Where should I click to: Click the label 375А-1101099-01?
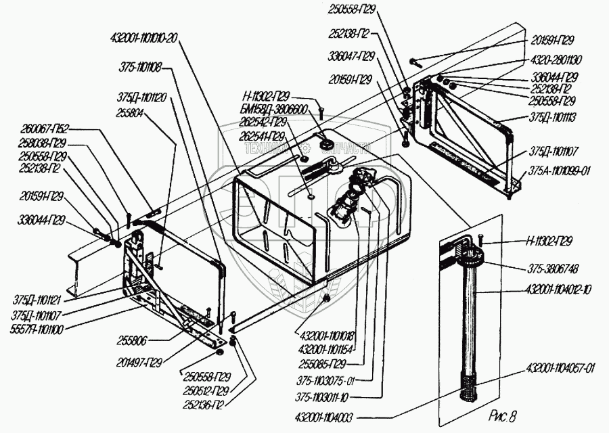(559, 171)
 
